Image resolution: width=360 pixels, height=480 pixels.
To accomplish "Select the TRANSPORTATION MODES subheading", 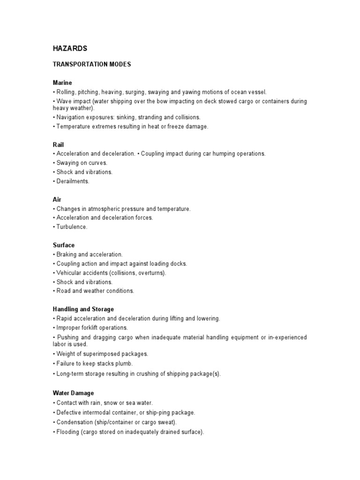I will point(92,65).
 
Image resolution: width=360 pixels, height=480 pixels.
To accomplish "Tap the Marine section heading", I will point(62,83).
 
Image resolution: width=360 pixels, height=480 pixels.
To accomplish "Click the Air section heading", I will point(57,200).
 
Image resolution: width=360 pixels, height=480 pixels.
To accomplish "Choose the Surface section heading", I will point(64,245).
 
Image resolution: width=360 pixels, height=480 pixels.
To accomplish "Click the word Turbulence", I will point(72,227).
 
